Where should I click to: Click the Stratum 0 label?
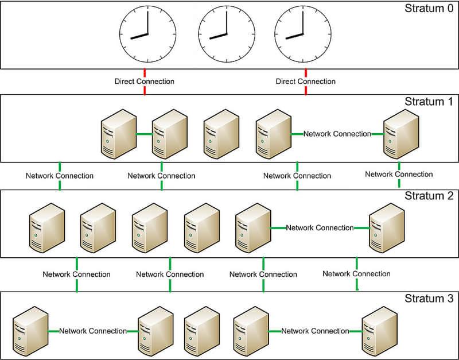428,9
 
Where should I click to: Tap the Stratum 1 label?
428,102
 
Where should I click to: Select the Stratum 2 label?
428,196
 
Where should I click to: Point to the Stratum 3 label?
428,299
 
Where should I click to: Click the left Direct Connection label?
145,82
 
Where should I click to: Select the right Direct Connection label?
306,82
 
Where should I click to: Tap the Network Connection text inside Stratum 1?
337,134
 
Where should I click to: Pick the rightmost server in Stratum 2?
386,229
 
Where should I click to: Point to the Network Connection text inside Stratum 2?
320,228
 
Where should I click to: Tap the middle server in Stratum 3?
201,332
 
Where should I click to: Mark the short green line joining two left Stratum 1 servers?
144,134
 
